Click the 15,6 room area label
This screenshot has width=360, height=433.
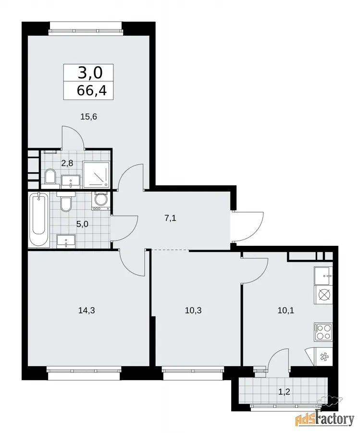(x=88, y=117)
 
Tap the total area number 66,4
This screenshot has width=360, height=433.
(x=92, y=90)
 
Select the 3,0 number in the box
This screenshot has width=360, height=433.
(x=90, y=73)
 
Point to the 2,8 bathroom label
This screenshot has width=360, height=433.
(x=67, y=164)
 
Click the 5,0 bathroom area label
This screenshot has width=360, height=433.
(x=82, y=224)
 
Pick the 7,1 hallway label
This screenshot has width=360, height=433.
(x=170, y=218)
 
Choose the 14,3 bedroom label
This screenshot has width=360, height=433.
(x=87, y=310)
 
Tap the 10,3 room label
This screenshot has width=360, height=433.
(x=193, y=310)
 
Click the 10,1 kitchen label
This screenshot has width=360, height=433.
(x=286, y=310)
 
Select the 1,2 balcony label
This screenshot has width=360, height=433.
(x=284, y=392)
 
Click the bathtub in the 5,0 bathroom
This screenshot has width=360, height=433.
(x=39, y=219)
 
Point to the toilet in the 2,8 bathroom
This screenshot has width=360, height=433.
(x=50, y=176)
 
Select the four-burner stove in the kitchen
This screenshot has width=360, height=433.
(x=323, y=331)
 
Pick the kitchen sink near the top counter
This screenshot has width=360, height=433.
(x=323, y=276)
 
